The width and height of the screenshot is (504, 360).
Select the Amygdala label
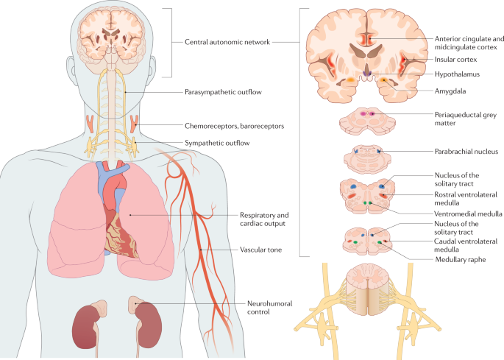coord(450,92)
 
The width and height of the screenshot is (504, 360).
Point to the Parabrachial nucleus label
coord(465,151)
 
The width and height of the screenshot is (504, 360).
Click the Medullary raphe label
coord(460,258)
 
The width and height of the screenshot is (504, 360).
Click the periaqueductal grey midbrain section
coord(370,121)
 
